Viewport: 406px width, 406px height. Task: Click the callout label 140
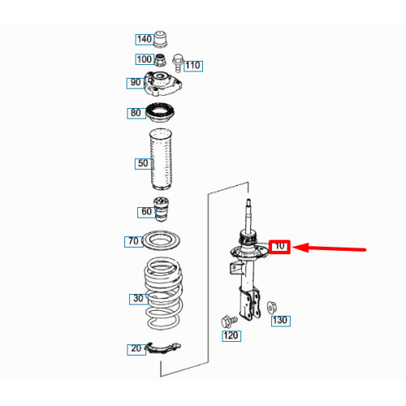point(145,40)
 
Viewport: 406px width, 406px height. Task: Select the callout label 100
point(145,59)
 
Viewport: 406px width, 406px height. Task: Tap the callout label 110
point(193,66)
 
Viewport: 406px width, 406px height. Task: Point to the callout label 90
point(136,83)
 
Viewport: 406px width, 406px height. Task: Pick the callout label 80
point(136,113)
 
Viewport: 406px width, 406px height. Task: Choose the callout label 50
point(144,164)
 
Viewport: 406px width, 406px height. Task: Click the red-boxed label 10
point(279,247)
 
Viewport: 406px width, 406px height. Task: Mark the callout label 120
point(231,336)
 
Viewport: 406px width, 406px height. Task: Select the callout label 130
point(281,321)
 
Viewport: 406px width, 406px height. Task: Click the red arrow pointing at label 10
point(329,248)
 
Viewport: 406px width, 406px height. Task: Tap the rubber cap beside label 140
point(161,40)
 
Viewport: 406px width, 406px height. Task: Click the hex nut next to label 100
point(160,60)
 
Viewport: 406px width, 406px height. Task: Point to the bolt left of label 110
point(178,63)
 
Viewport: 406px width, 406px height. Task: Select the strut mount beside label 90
point(162,84)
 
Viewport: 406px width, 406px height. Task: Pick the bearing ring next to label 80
point(160,112)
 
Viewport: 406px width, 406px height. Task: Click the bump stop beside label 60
point(161,209)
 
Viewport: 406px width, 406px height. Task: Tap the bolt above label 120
point(229,322)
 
